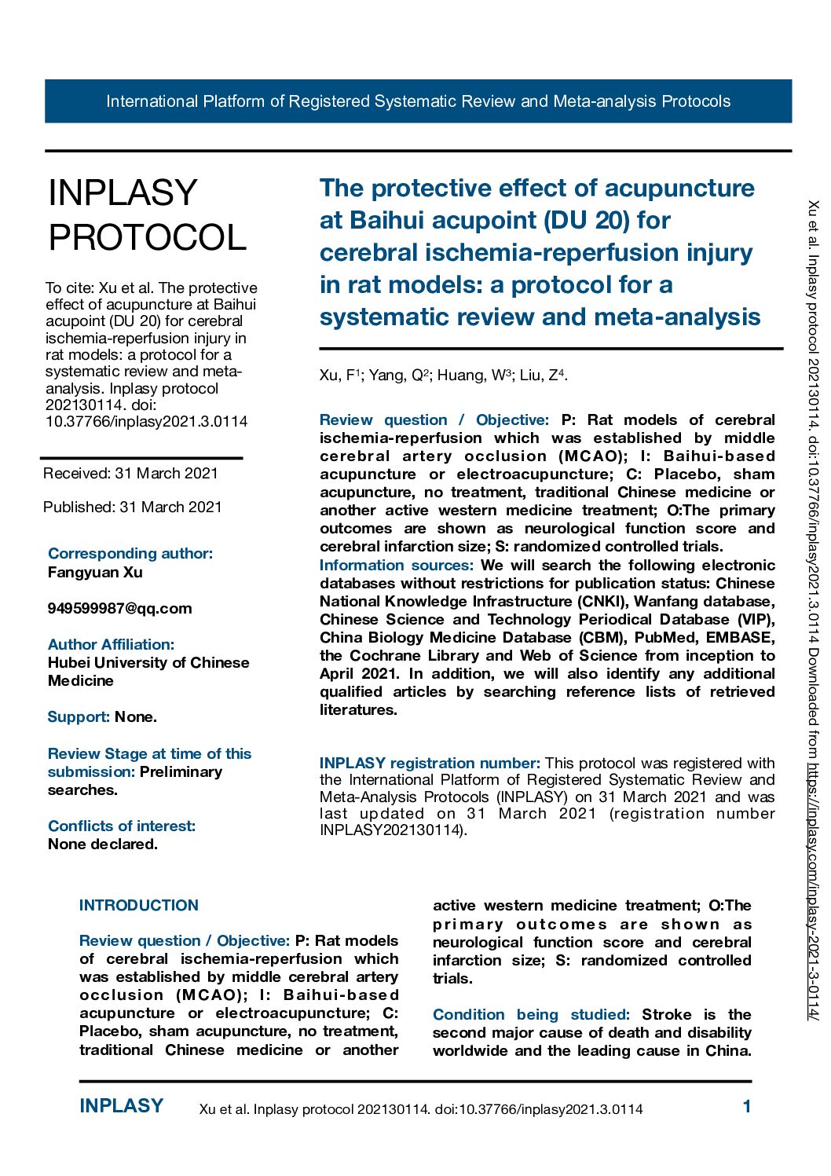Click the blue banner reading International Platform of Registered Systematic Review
[418, 101]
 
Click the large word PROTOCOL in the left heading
[148, 238]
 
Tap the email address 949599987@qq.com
[119, 608]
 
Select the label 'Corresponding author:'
[130, 553]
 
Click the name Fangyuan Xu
[95, 572]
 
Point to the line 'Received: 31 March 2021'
[130, 473]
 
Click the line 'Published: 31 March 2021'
[132, 507]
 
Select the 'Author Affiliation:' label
[111, 644]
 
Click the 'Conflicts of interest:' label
[122, 826]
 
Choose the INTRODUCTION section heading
[139, 905]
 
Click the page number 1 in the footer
[746, 1107]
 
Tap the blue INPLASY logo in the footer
[121, 1106]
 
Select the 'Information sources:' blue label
[397, 565]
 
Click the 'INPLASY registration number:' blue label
[430, 763]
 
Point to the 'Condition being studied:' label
[531, 1014]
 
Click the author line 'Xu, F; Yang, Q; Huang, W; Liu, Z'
[443, 376]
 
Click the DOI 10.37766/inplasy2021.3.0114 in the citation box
[146, 421]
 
